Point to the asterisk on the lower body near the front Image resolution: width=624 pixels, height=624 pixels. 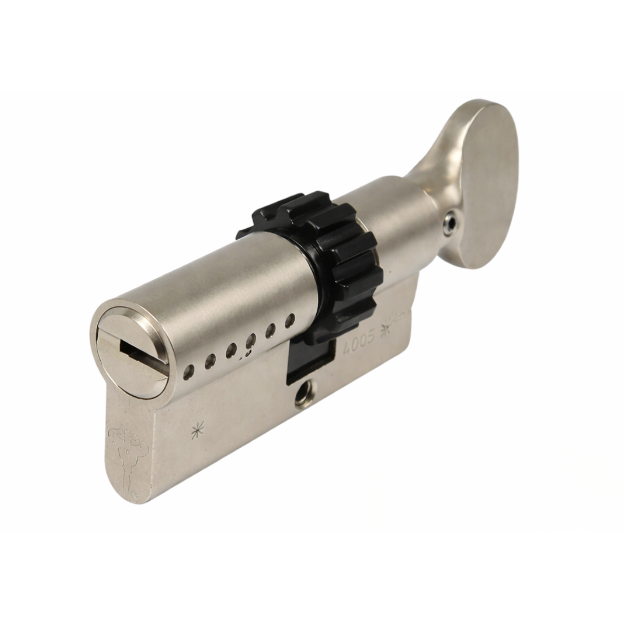[x=197, y=431]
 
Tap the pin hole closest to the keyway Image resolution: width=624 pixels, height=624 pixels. [x=188, y=373]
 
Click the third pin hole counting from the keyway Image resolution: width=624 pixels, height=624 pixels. [x=231, y=349]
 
